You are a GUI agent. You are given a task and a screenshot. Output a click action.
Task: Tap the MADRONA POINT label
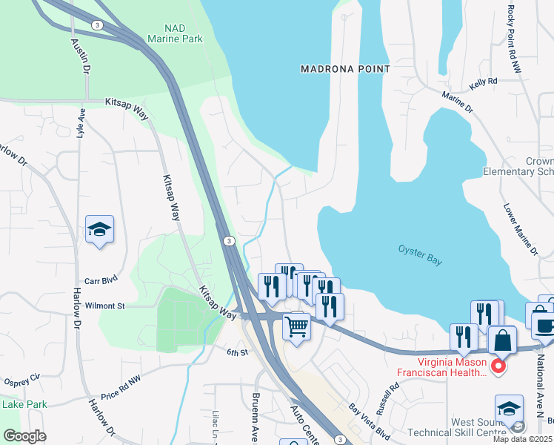click(x=345, y=69)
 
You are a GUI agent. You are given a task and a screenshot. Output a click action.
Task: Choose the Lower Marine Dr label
click(x=521, y=230)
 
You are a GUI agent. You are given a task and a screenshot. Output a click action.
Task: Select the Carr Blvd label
click(x=101, y=282)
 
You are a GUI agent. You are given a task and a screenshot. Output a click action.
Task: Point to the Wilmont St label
click(x=104, y=305)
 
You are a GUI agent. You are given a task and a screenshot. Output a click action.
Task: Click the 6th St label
click(x=237, y=352)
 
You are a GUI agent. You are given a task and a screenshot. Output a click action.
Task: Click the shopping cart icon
click(x=296, y=324)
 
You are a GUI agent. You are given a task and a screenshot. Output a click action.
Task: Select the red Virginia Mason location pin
click(x=498, y=365)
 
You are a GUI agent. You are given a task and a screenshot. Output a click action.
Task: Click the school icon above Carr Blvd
click(x=99, y=229)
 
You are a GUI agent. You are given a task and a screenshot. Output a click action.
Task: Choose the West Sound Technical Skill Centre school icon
click(x=508, y=409)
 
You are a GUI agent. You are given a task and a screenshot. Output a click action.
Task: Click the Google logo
click(x=24, y=436)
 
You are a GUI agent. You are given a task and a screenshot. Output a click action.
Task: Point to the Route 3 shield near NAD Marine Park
click(x=96, y=24)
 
